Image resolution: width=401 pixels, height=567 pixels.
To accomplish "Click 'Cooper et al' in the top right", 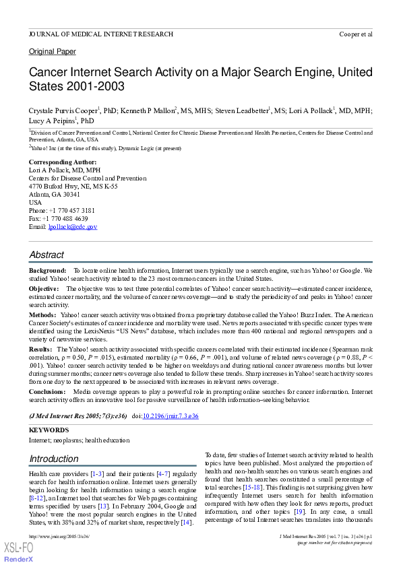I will click(355, 33).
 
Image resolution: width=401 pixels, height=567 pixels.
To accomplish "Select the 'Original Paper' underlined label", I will click(52, 52).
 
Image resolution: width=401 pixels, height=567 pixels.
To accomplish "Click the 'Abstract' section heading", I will click(47, 255).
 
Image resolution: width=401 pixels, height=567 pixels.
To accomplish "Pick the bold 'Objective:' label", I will click(44, 288).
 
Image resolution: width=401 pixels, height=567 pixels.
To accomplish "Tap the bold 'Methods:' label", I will click(42, 314).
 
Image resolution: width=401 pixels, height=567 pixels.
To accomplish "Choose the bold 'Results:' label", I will click(40, 349).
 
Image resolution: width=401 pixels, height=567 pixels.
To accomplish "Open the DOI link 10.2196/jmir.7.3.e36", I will click(170, 417).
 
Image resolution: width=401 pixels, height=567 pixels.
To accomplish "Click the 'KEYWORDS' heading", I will click(49, 430).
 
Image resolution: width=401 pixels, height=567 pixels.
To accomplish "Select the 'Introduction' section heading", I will click(53, 459).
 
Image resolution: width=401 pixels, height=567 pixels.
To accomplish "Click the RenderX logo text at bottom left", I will click(19, 560).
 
